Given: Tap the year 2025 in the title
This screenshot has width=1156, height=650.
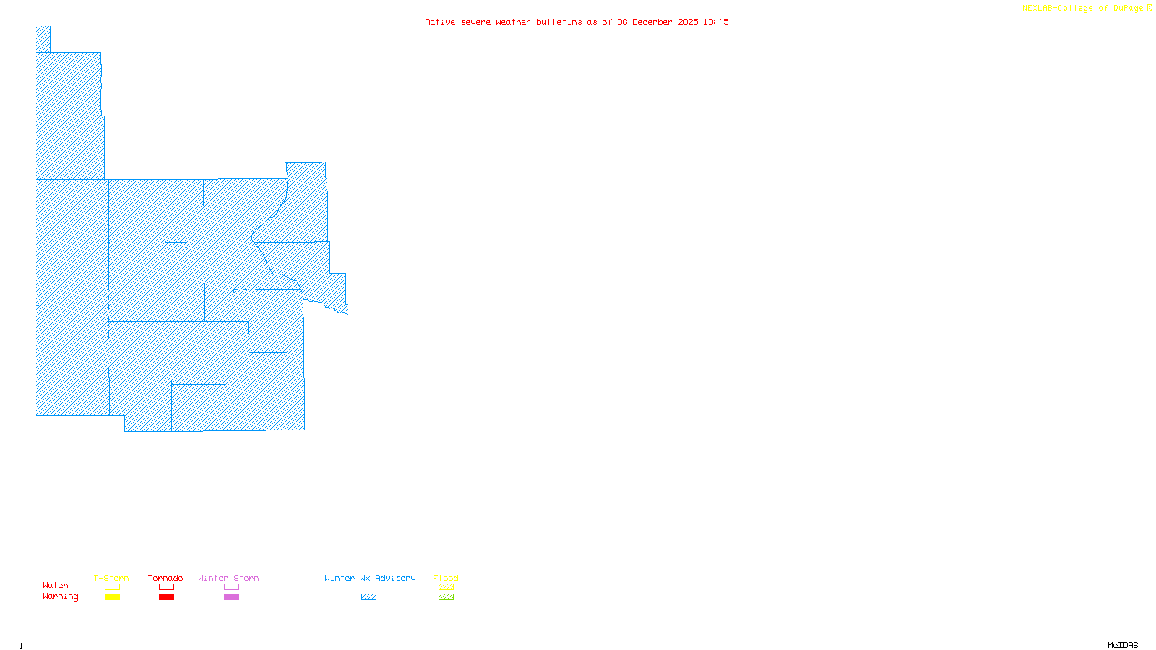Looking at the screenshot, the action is (x=688, y=22).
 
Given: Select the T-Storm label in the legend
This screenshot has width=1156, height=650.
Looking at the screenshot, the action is (x=111, y=578).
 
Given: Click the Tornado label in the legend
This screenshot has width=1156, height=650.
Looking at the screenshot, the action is (x=165, y=578).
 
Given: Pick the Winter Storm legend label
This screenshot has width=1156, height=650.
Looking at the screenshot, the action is (x=228, y=578).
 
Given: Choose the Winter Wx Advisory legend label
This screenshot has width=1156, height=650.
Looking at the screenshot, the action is (x=370, y=578).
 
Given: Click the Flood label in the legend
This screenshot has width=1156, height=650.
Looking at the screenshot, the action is (x=446, y=578).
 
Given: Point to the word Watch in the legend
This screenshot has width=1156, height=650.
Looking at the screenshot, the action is (x=56, y=585).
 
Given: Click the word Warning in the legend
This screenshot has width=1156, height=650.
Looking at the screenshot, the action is (x=61, y=597).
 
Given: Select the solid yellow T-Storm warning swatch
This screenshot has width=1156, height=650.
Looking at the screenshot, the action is (x=112, y=597).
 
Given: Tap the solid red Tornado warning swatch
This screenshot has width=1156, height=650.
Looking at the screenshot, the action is (x=166, y=597).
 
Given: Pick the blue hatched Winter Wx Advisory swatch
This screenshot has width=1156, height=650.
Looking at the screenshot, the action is (x=368, y=597).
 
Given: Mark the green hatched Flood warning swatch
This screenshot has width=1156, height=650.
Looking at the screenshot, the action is (x=446, y=597).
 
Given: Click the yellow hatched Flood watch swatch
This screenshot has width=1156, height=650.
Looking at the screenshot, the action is (x=446, y=587).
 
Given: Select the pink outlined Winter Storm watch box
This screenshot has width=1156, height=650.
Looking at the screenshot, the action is (x=231, y=587).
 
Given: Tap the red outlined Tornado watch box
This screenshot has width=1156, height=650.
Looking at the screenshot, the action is (x=166, y=587).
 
